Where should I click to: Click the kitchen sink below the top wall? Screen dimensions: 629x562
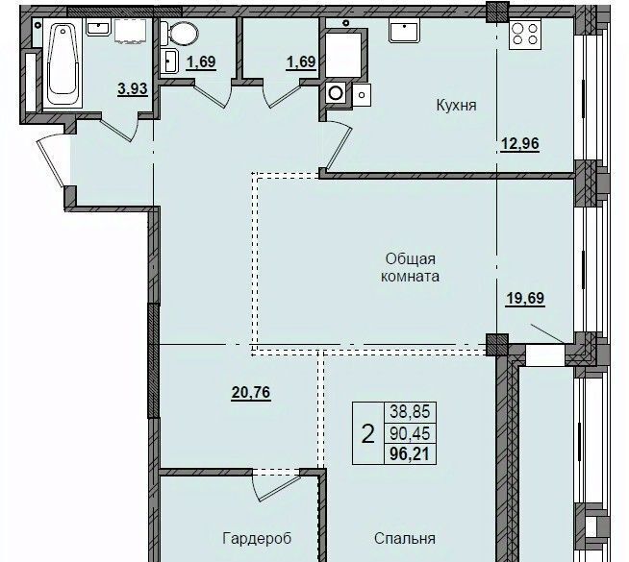tap(404, 32)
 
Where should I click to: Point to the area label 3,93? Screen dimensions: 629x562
tap(133, 88)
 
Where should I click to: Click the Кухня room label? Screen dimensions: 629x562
tap(456, 106)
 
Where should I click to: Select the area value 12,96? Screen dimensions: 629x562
tap(520, 144)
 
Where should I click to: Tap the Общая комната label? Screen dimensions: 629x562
tap(410, 268)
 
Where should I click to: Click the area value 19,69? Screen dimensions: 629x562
tap(525, 299)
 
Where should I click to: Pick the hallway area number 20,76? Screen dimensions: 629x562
tap(251, 393)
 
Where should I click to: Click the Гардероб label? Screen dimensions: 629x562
tap(257, 538)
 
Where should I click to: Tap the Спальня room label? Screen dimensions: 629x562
tap(404, 538)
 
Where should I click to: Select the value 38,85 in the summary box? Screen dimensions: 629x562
tap(410, 411)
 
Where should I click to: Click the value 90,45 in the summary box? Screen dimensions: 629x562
tap(410, 433)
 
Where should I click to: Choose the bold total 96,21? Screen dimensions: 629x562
tap(410, 454)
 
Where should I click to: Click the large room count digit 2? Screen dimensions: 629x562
tap(367, 433)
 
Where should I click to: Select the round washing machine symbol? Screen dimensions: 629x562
tap(336, 93)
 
